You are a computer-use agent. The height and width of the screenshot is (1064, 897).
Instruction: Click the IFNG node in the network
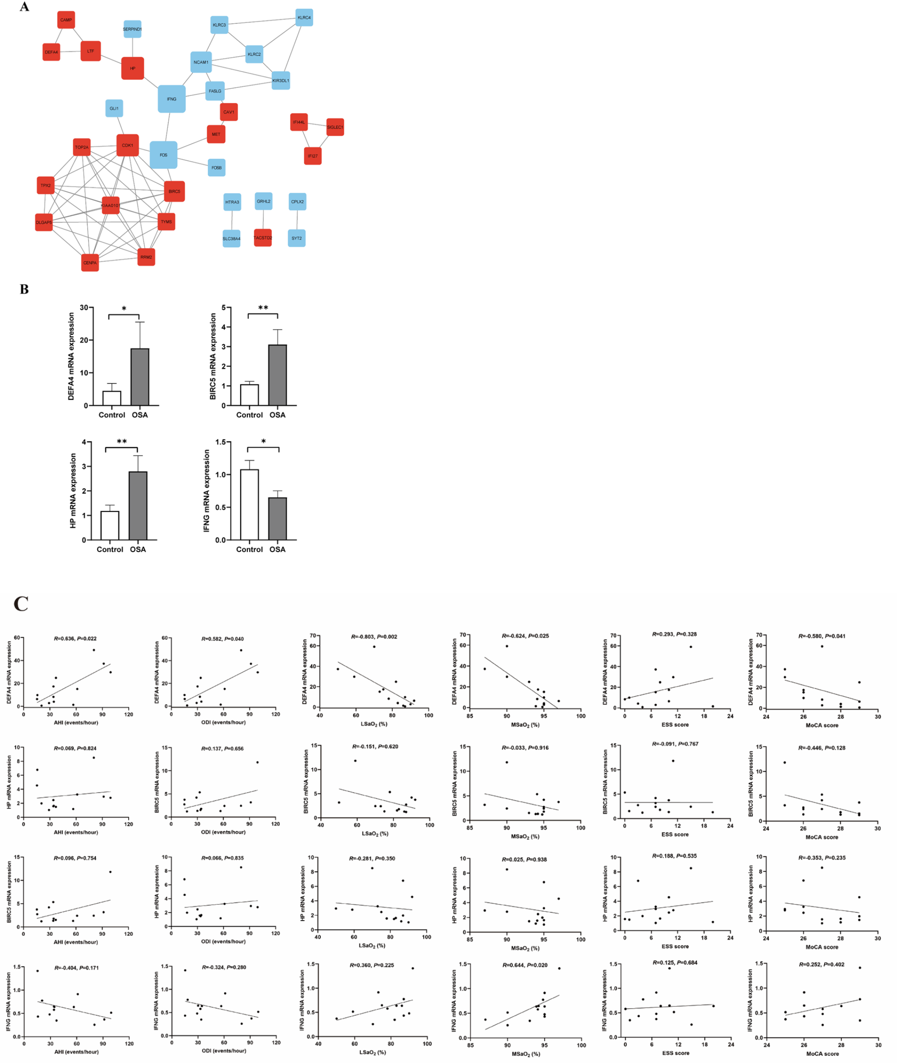pyautogui.click(x=171, y=99)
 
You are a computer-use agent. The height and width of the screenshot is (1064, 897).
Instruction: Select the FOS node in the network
pyautogui.click(x=163, y=155)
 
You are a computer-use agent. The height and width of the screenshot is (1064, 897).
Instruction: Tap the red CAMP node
pyautogui.click(x=66, y=20)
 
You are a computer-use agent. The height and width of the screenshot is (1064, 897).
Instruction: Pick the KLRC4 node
pyautogui.click(x=304, y=17)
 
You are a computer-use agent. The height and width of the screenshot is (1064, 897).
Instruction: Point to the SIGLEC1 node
pyautogui.click(x=335, y=127)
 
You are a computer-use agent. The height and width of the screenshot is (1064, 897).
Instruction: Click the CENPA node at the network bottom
pyautogui.click(x=90, y=263)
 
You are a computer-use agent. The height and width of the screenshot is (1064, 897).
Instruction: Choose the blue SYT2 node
pyautogui.click(x=296, y=238)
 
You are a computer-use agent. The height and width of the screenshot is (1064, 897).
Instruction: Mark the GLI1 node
pyautogui.click(x=114, y=109)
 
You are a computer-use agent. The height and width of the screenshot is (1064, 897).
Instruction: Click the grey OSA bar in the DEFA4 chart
pyautogui.click(x=140, y=376)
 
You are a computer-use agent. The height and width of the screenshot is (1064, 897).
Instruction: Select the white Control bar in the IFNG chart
pyautogui.click(x=249, y=504)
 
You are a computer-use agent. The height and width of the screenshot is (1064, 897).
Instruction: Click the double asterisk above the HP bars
pyautogui.click(x=122, y=442)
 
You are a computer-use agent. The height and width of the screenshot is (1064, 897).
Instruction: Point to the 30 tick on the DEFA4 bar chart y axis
pyautogui.click(x=83, y=308)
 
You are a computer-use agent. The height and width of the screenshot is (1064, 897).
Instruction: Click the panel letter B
pyautogui.click(x=24, y=290)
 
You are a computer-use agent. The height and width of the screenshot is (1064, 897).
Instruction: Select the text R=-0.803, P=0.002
pyautogui.click(x=374, y=637)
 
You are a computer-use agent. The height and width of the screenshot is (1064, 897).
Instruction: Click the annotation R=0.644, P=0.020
pyautogui.click(x=525, y=965)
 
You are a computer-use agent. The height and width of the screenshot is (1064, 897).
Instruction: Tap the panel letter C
pyautogui.click(x=21, y=603)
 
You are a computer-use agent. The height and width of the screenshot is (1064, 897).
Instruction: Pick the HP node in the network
pyautogui.click(x=132, y=68)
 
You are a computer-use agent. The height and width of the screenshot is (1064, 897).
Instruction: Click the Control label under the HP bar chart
pyautogui.click(x=110, y=549)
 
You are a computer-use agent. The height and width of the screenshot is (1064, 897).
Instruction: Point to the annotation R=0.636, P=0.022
pyautogui.click(x=75, y=638)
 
